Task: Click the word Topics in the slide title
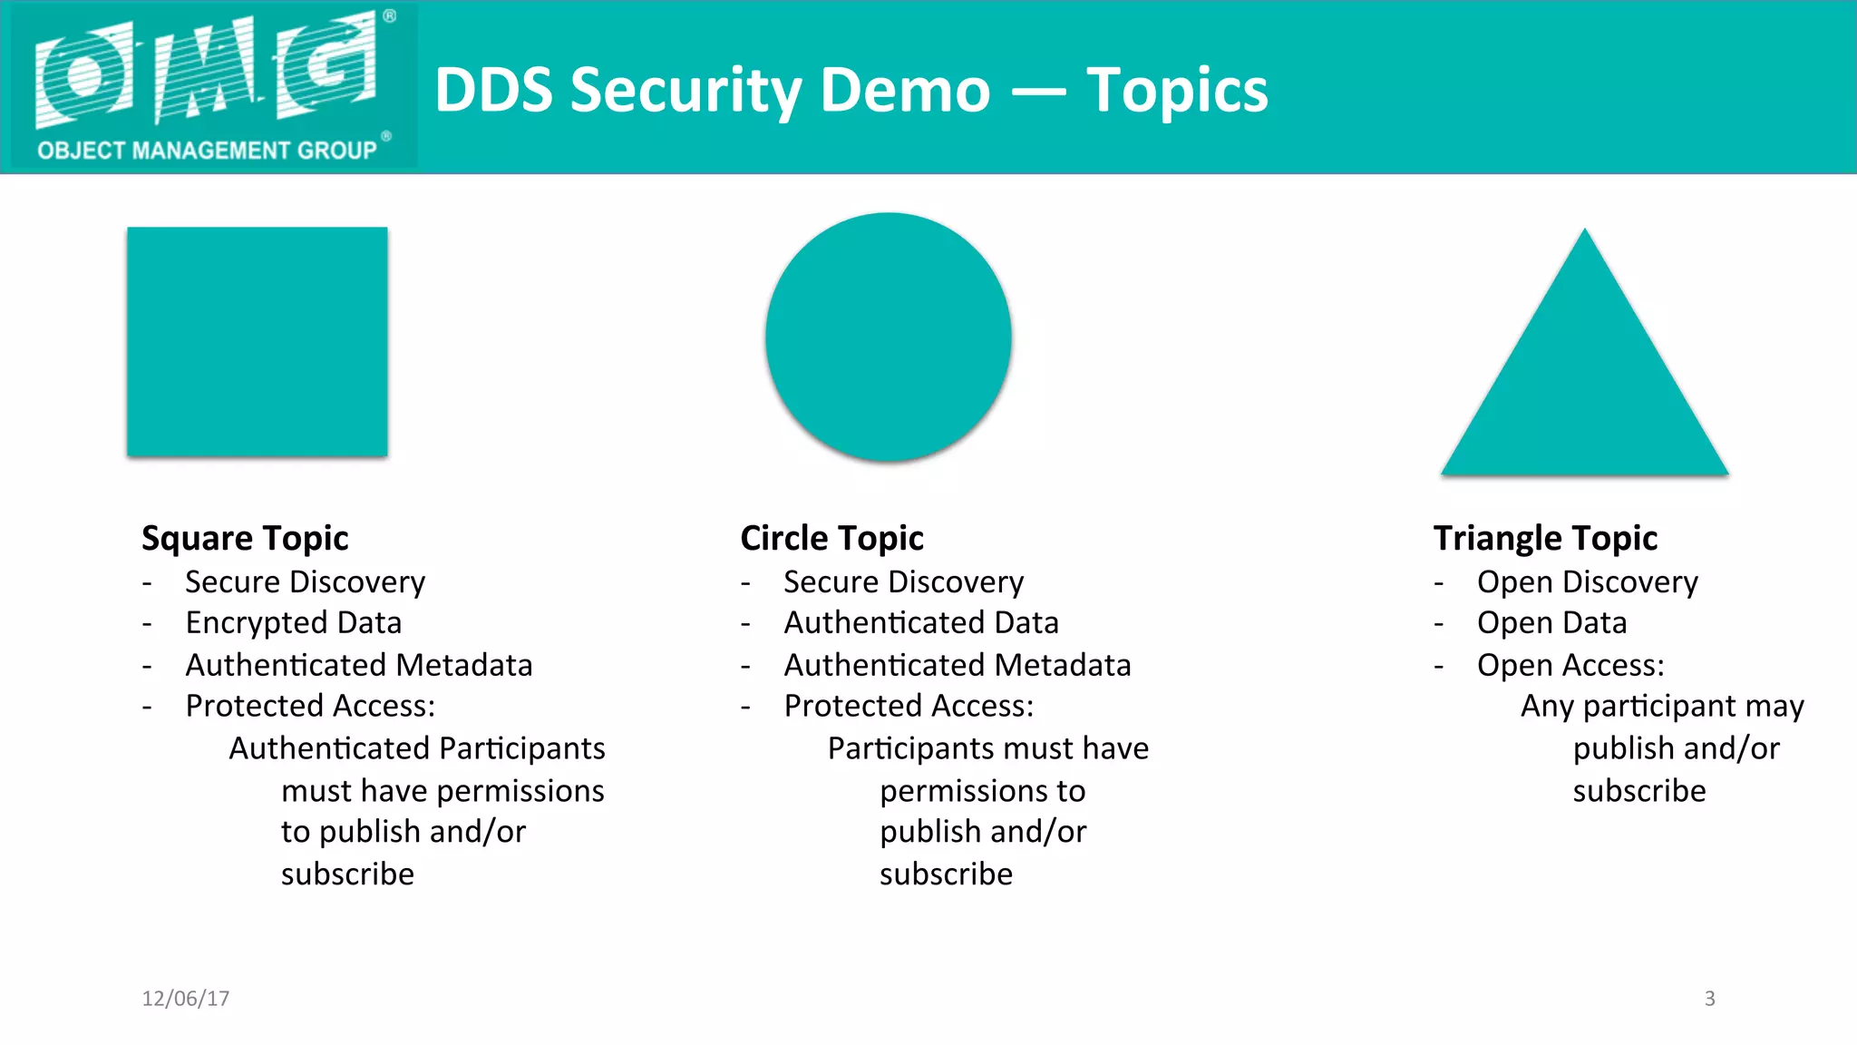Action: (1177, 91)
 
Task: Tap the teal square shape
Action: (258, 341)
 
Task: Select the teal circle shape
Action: (889, 337)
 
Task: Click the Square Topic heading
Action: (245, 538)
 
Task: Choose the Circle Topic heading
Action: (831, 538)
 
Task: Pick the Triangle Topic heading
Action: (1545, 538)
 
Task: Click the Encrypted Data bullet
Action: (293, 623)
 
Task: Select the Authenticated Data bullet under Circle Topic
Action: (921, 623)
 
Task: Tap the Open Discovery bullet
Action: (1587, 581)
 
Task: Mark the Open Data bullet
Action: (1551, 623)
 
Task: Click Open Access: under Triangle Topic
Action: (1570, 665)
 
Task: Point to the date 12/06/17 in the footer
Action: (186, 999)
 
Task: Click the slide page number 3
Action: (1709, 999)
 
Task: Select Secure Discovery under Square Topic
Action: (305, 581)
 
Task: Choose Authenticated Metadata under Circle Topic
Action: (958, 665)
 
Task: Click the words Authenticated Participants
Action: (417, 748)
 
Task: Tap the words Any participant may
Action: (1662, 706)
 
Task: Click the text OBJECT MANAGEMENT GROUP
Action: (207, 150)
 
